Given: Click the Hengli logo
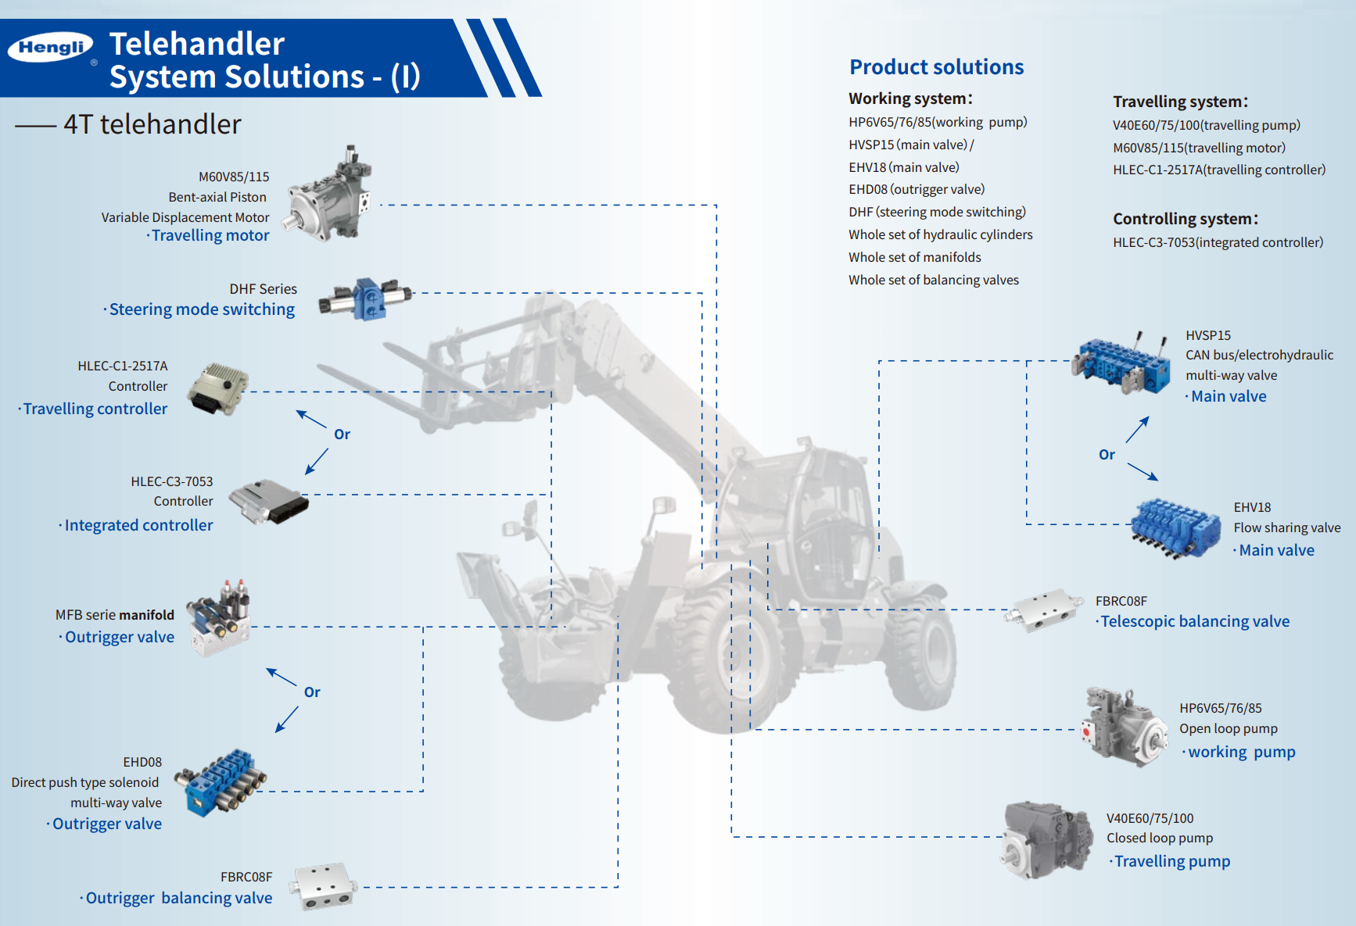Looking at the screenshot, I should [x=51, y=48].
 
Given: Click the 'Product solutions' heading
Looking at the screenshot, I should [x=936, y=67].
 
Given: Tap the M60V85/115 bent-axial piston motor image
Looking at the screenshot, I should [x=329, y=195].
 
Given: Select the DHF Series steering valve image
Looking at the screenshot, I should [x=365, y=299].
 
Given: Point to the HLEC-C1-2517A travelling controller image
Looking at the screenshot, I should [x=218, y=388].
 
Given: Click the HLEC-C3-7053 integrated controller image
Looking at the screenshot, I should [x=268, y=501].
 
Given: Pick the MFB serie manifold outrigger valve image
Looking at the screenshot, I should [x=219, y=617].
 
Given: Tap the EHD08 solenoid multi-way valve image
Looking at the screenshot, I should [x=221, y=781].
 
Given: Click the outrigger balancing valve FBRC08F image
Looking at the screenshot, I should [x=323, y=887].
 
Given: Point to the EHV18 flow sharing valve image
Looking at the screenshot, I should [x=1175, y=527].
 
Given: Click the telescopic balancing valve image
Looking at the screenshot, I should [x=1045, y=609].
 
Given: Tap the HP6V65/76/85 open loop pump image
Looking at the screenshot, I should [x=1124, y=727].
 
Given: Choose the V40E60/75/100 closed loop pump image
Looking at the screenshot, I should [x=1046, y=839].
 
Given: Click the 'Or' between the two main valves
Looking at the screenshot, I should [x=1107, y=455].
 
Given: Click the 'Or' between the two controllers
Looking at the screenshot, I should [x=342, y=434].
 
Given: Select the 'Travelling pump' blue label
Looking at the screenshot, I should [x=1171, y=861].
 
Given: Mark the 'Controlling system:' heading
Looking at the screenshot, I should [x=1185, y=219].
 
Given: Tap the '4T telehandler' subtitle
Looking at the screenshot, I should [x=152, y=124].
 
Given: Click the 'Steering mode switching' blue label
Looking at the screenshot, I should [x=202, y=309].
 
